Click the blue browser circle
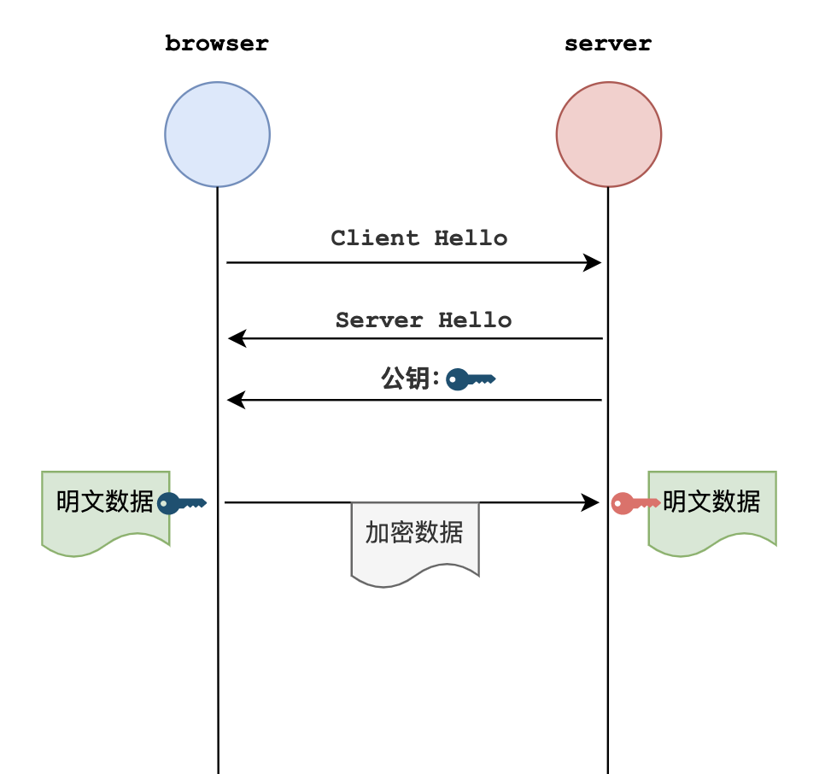pyautogui.click(x=217, y=134)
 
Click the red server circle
pyautogui.click(x=608, y=134)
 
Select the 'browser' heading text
pyautogui.click(x=217, y=44)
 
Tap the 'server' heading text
pyautogui.click(x=608, y=44)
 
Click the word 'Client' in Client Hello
pyautogui.click(x=375, y=237)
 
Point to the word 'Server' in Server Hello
pyautogui.click(x=379, y=320)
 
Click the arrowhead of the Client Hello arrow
pyautogui.click(x=593, y=262)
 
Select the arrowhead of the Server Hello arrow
pyautogui.click(x=237, y=339)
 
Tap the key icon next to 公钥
pyautogui.click(x=471, y=378)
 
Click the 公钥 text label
pyautogui.click(x=409, y=378)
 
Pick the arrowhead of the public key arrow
pyautogui.click(x=237, y=399)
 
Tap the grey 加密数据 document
pyautogui.click(x=415, y=542)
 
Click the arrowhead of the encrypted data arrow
pyautogui.click(x=590, y=502)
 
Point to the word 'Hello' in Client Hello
pyautogui.click(x=471, y=237)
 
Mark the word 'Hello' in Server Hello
pyautogui.click(x=475, y=320)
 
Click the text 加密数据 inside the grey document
pyautogui.click(x=415, y=532)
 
